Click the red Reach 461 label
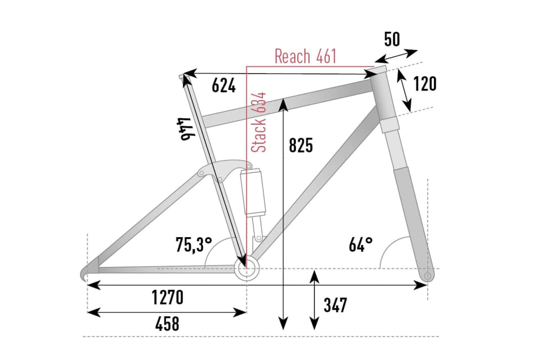305,56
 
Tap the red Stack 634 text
259,122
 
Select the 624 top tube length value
223,85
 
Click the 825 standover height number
301,145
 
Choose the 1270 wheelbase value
167,297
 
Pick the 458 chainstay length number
167,324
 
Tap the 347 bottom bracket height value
335,305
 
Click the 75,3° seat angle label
194,245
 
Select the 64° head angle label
361,245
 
